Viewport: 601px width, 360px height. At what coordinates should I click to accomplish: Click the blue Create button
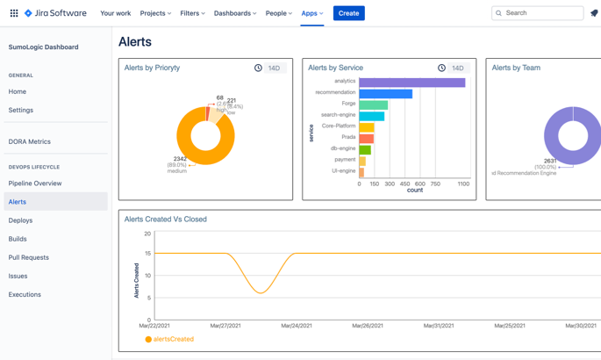point(348,13)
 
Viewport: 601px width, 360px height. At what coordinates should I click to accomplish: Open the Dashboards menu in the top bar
point(235,13)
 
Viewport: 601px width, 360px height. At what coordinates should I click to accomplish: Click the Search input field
point(538,13)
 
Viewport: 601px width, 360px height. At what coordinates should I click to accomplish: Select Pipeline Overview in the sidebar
point(35,184)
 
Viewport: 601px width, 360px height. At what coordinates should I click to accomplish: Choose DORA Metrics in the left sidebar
point(30,141)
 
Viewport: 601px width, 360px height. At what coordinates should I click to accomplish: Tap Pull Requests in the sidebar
point(29,257)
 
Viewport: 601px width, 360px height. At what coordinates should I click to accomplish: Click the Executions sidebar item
point(25,294)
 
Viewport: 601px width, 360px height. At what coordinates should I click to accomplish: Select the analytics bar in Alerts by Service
point(411,83)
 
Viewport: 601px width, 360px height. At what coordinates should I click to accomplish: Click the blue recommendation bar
point(385,93)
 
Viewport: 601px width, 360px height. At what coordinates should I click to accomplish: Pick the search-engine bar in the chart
point(371,116)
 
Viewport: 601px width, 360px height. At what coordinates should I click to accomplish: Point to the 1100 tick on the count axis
point(463,184)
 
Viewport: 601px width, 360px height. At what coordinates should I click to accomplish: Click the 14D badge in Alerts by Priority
point(275,68)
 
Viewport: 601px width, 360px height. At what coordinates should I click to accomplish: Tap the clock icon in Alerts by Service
point(441,68)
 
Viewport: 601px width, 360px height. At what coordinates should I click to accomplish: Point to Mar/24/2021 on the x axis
point(297,326)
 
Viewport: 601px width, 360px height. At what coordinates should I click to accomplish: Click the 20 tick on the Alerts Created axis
point(147,234)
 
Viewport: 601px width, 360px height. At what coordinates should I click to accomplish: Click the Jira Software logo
point(55,13)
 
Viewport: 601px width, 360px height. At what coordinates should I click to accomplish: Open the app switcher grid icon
point(13,13)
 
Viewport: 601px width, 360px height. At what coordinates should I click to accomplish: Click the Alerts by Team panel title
point(516,68)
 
